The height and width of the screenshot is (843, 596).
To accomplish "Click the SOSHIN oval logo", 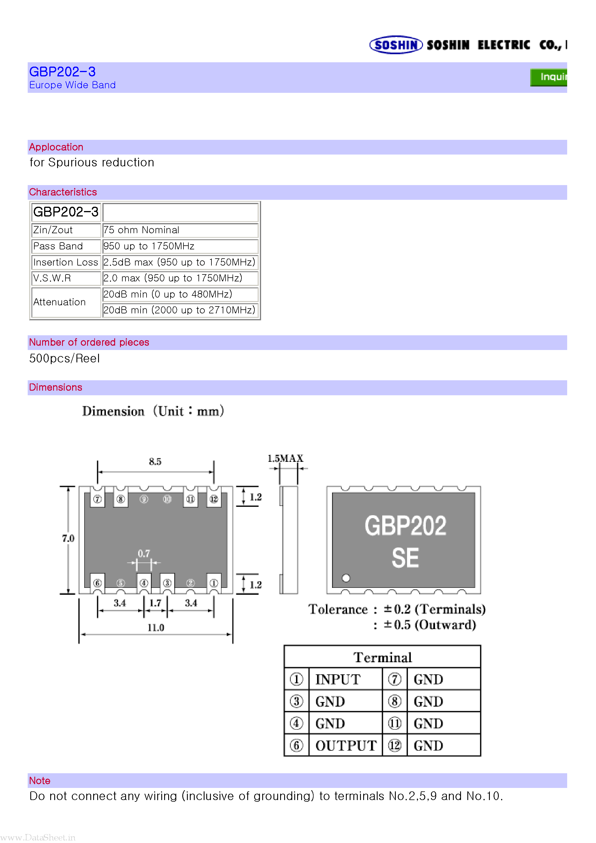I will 396,45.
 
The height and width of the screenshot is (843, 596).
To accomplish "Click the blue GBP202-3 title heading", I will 63,71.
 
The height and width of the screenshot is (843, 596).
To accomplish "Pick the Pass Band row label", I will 58,246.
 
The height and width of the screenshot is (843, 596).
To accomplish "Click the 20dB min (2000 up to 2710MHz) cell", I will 180,310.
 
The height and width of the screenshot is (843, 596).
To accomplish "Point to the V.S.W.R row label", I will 52,278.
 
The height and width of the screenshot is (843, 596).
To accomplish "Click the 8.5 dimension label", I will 155,462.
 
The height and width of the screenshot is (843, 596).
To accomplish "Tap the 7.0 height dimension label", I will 68,538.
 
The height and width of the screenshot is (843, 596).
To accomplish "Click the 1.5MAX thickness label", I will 286,458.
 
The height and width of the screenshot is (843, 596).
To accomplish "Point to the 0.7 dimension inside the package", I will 144,553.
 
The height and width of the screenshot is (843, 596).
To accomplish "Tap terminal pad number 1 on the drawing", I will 214,583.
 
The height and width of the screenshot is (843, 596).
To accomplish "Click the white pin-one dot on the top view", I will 346,578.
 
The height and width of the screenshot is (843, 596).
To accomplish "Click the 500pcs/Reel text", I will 65,358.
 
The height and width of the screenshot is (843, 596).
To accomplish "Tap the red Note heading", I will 40,781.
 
